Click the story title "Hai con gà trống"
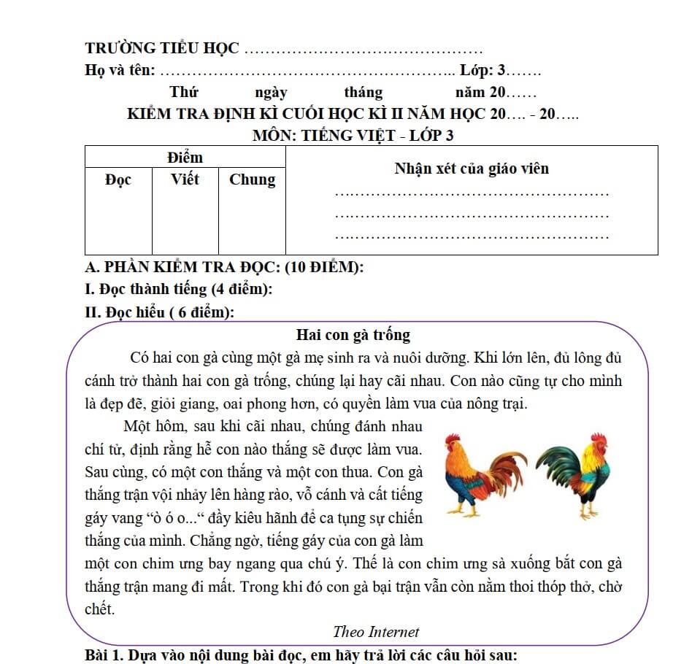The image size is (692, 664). (353, 335)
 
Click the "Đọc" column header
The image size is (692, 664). (118, 179)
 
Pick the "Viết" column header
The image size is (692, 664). (185, 179)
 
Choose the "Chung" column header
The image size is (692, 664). (252, 179)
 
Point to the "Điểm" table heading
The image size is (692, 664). (185, 157)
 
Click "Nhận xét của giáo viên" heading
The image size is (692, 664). (472, 169)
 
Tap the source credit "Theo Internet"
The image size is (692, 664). (376, 632)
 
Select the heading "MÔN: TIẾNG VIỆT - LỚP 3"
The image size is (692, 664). (353, 135)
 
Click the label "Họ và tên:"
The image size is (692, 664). (120, 70)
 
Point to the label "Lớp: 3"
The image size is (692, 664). (483, 70)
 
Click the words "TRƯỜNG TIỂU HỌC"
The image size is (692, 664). (162, 48)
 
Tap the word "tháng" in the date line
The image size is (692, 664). (363, 92)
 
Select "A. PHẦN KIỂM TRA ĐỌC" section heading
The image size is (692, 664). (224, 267)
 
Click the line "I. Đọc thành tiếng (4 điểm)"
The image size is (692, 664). (179, 289)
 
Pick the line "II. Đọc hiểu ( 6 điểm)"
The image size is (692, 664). (160, 312)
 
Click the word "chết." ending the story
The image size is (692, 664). (100, 609)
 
